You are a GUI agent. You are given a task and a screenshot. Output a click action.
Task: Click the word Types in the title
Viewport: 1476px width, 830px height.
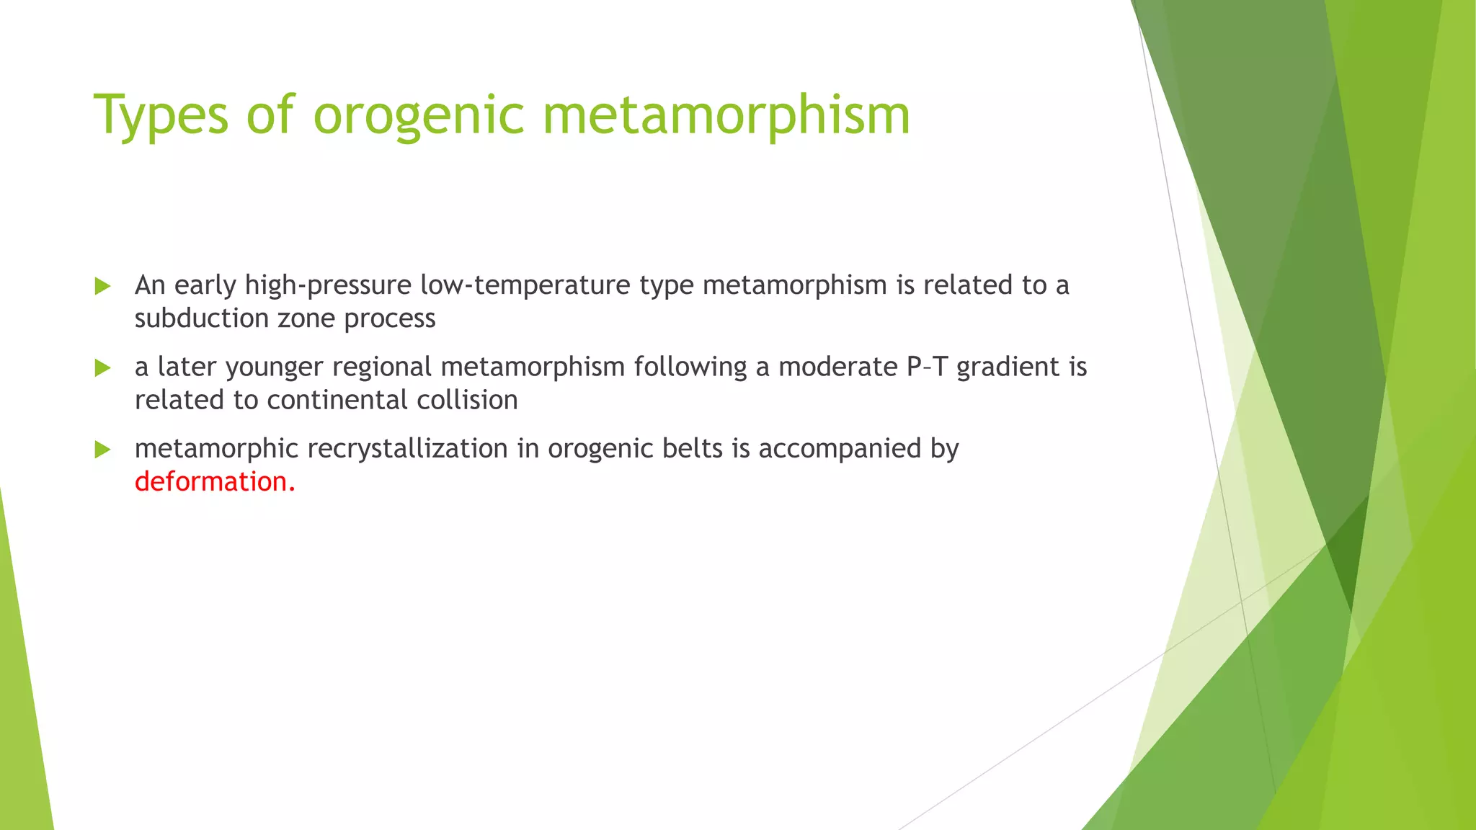tap(161, 115)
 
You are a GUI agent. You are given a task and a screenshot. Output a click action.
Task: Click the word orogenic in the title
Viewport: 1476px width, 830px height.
tap(418, 115)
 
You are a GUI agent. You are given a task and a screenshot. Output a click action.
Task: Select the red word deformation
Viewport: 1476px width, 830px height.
tap(215, 481)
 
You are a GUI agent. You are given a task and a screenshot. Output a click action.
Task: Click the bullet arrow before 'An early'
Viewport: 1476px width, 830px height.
tap(103, 286)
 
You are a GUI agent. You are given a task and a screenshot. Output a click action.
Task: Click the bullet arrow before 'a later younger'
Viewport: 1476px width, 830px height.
tap(103, 368)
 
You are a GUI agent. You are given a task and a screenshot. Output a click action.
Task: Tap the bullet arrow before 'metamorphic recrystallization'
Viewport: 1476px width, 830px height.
tap(103, 450)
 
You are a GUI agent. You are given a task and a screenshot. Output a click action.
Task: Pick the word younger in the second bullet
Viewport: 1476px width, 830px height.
tap(275, 368)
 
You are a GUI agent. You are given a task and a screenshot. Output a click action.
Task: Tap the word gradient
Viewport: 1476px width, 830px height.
tap(1008, 368)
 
